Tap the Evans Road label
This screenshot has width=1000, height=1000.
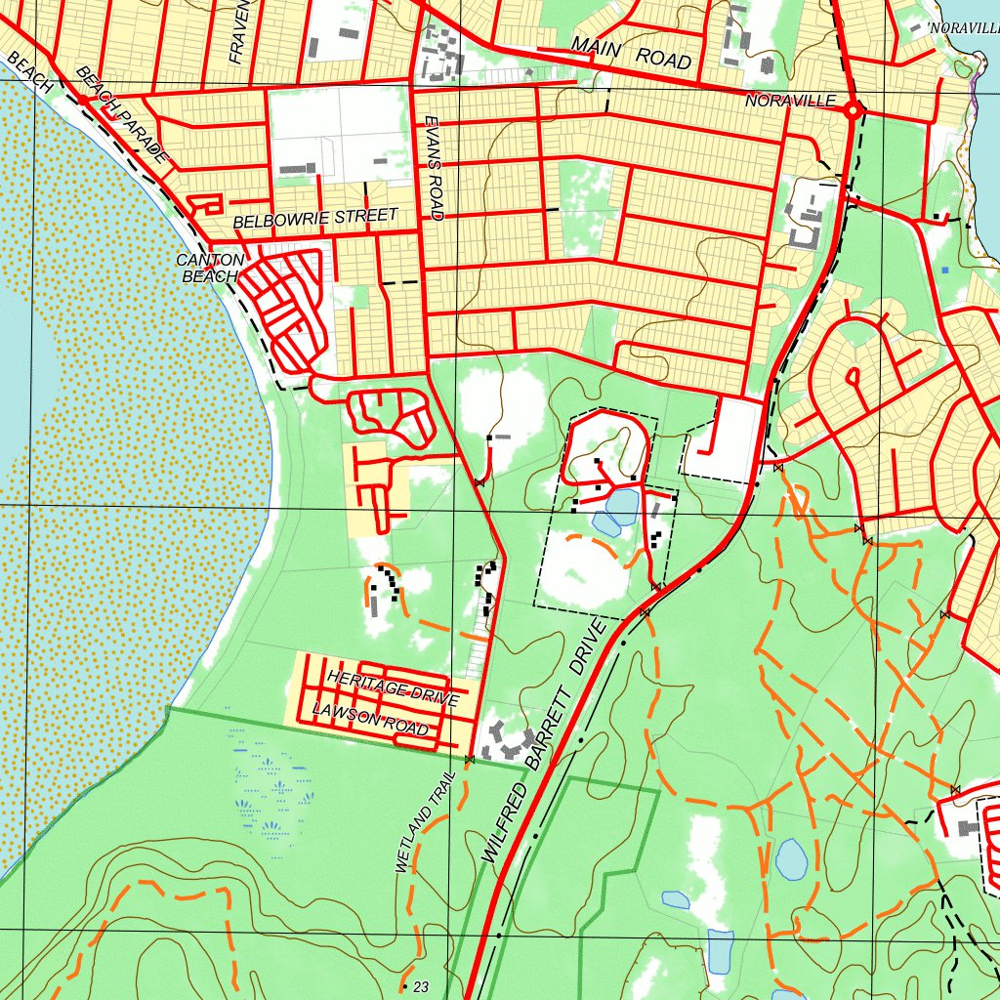click(435, 167)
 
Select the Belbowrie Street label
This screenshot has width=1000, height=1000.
click(315, 218)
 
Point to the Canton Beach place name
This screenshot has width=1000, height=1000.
click(207, 268)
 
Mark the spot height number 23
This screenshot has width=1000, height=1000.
click(421, 987)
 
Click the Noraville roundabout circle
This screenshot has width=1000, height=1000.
click(853, 111)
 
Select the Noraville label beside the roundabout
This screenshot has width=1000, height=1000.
click(790, 101)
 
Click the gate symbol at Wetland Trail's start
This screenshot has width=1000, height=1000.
click(470, 759)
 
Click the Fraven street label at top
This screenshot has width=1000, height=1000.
click(241, 31)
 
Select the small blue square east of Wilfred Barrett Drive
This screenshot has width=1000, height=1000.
click(945, 269)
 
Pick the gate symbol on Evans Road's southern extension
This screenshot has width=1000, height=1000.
click(479, 481)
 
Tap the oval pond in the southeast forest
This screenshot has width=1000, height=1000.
click(792, 858)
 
